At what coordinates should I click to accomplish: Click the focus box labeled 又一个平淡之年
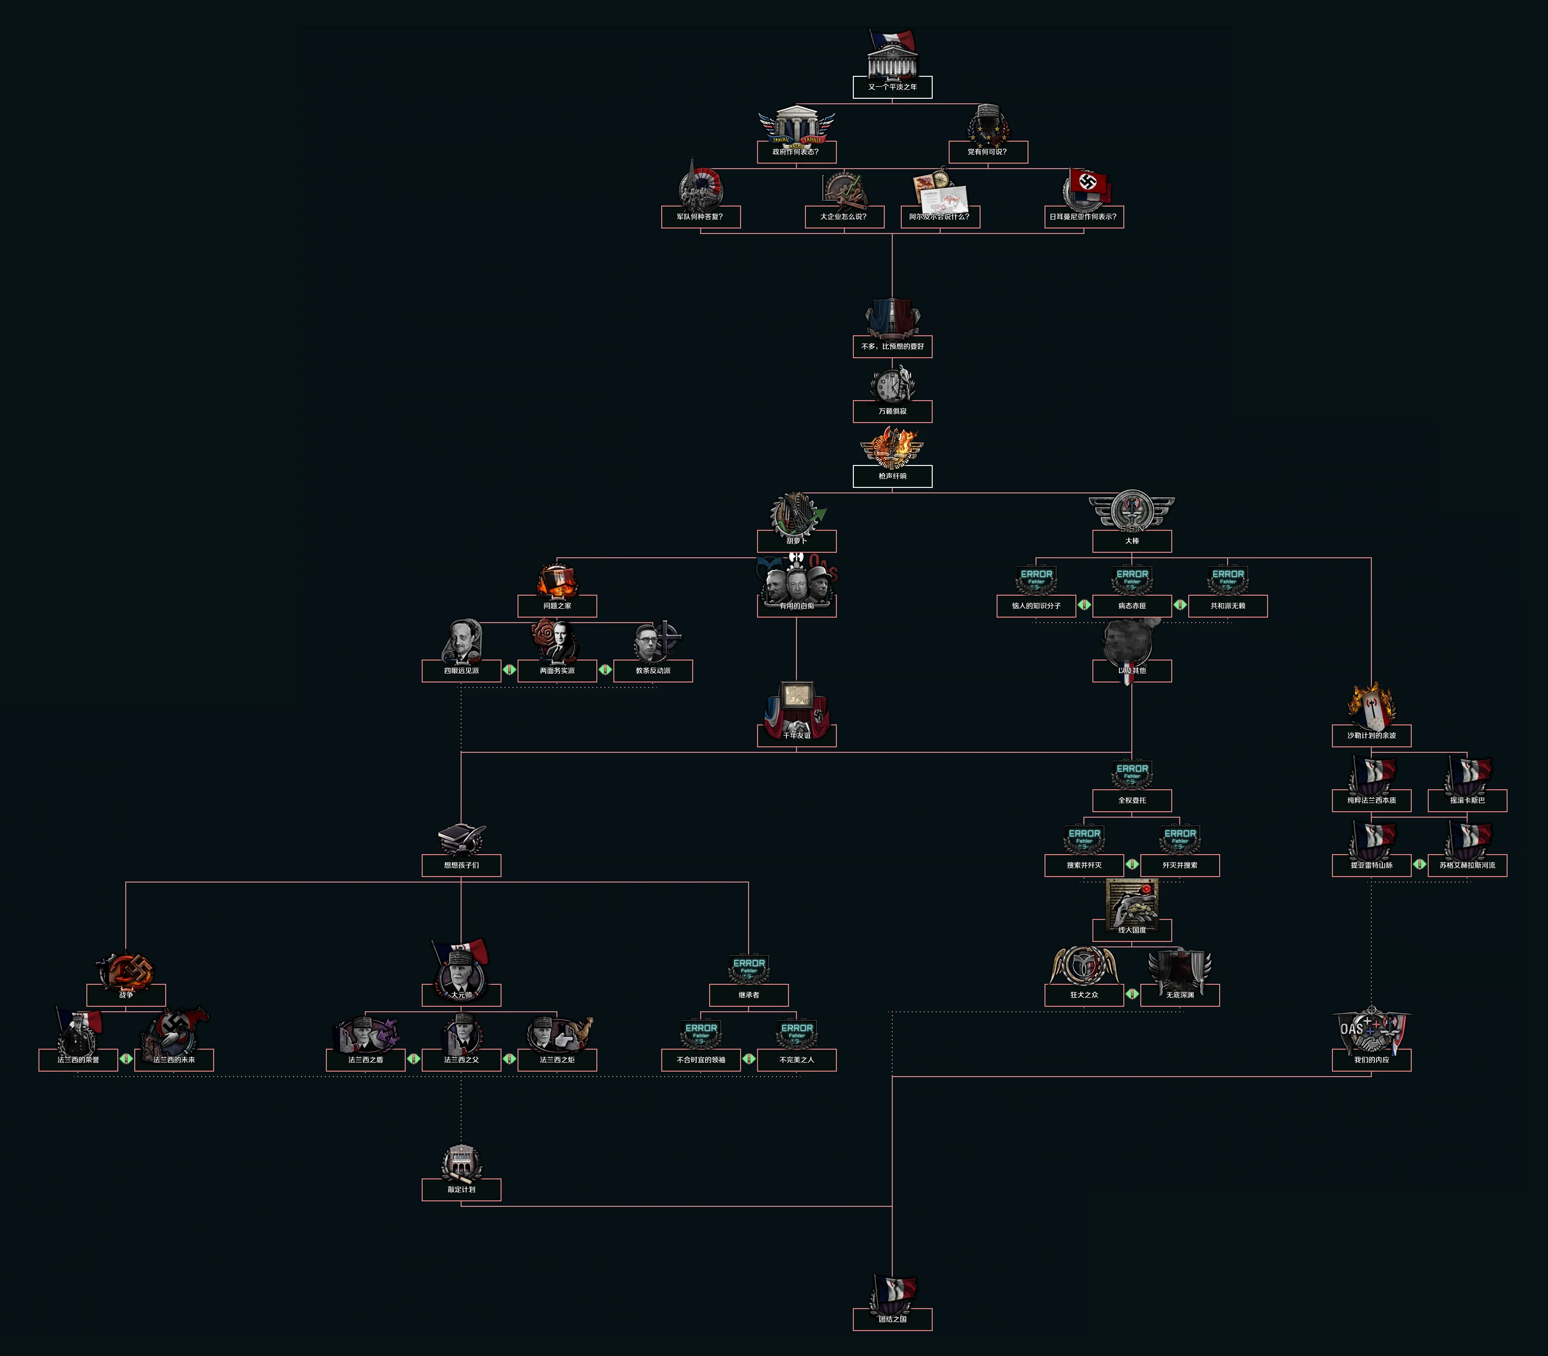(x=892, y=87)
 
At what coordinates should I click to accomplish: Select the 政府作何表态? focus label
(x=796, y=152)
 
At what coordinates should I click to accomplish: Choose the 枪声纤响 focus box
(x=892, y=476)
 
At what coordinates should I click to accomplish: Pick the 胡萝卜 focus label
(x=796, y=541)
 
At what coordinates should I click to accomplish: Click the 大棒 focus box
(x=1132, y=541)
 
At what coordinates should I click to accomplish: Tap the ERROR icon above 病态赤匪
(x=1132, y=579)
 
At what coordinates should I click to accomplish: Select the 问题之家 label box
(x=557, y=606)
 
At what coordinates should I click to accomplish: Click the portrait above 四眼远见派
(x=462, y=641)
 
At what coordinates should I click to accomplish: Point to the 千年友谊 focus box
(x=796, y=735)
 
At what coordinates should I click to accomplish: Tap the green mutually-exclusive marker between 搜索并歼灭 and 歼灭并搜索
(x=1132, y=864)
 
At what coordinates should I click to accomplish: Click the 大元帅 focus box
(x=462, y=995)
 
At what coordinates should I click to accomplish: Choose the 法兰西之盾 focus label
(x=366, y=1060)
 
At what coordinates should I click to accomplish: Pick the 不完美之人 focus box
(x=796, y=1060)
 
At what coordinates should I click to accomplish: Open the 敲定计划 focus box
(x=462, y=1189)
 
